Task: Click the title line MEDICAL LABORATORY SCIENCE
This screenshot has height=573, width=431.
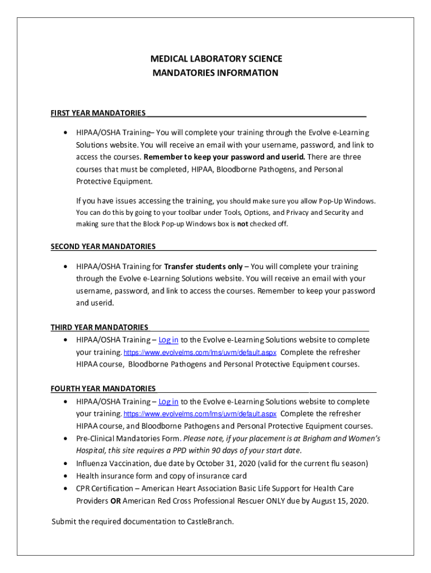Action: point(215,59)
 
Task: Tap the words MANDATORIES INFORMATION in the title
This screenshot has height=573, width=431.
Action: point(215,73)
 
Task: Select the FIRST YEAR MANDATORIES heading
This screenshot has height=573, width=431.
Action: point(98,113)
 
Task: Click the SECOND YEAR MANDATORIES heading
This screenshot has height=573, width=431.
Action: point(103,246)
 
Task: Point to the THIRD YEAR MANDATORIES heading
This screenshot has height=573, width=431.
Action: point(100,327)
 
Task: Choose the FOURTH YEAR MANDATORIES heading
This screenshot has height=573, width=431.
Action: point(103,388)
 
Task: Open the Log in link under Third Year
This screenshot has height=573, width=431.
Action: point(168,340)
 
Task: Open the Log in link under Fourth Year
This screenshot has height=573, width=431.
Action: point(168,401)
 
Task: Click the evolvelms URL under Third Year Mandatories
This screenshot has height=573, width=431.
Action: point(200,353)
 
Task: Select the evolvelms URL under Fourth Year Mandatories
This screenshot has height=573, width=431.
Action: point(200,414)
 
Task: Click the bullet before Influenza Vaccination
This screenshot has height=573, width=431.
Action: point(67,463)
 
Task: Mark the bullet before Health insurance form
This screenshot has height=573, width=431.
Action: point(67,476)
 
